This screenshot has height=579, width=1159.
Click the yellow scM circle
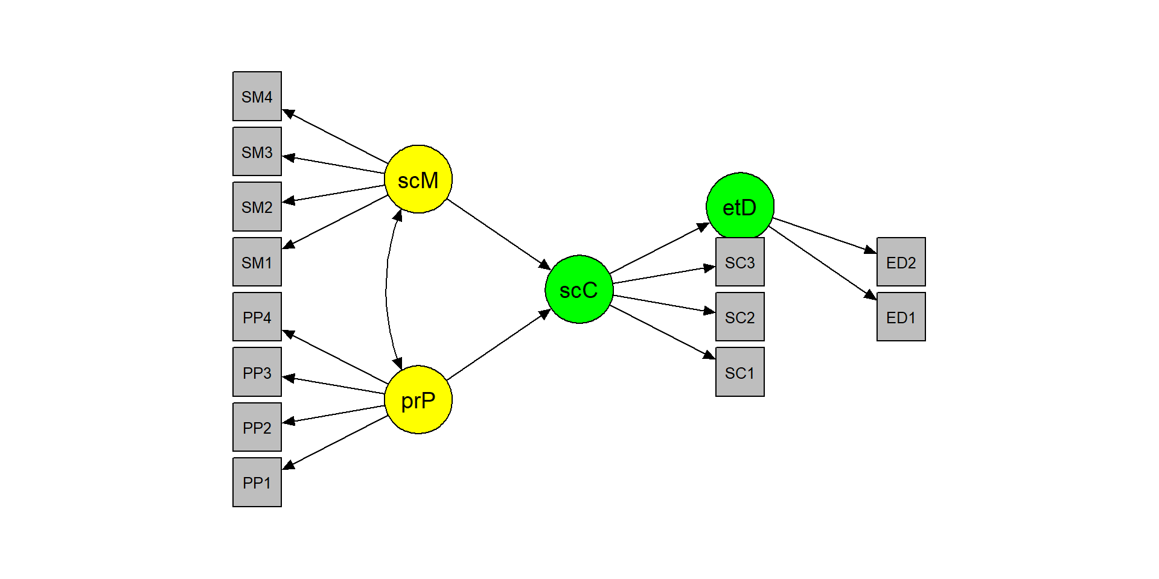tap(418, 179)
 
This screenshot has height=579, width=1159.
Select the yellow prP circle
tap(418, 399)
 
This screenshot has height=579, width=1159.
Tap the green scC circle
tap(579, 289)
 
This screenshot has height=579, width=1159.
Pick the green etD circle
tap(740, 206)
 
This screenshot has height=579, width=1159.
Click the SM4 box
tap(257, 96)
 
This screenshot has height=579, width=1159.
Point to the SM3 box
tap(257, 151)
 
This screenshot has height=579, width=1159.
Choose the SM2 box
tap(257, 207)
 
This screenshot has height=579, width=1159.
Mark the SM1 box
tap(257, 262)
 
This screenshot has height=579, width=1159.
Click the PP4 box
tap(257, 317)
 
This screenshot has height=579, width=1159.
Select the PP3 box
tap(257, 372)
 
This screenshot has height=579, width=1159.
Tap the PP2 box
tap(257, 427)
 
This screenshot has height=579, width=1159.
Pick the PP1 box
tap(257, 482)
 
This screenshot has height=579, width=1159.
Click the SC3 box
tap(740, 262)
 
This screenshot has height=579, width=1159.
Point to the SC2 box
tap(740, 317)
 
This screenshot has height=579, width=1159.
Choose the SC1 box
tap(740, 372)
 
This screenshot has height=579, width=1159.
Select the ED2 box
tap(901, 262)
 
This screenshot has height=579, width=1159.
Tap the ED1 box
tap(901, 317)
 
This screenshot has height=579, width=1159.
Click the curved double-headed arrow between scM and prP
tap(386, 289)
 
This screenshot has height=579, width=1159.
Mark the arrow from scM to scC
tap(499, 234)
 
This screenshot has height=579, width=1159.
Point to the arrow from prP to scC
tap(499, 345)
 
